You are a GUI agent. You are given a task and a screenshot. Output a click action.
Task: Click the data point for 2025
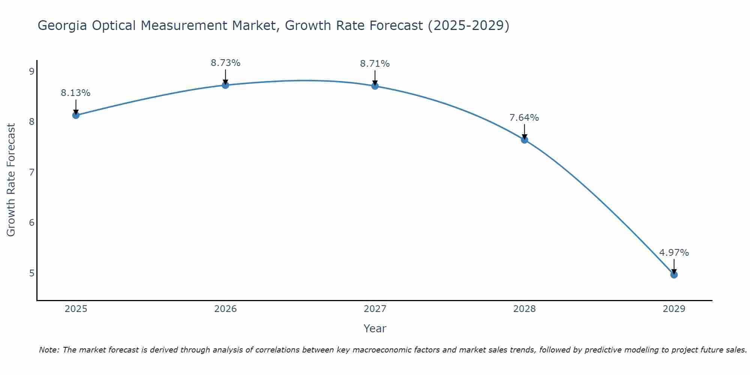click(x=76, y=115)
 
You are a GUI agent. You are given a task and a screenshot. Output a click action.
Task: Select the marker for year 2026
click(x=225, y=85)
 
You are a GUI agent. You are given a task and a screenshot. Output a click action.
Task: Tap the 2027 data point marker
click(x=375, y=86)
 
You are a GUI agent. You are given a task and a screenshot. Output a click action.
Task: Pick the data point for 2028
click(x=524, y=140)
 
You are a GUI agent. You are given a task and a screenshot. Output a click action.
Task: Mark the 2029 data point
click(x=674, y=274)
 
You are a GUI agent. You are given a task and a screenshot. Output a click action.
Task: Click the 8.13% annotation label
click(x=76, y=93)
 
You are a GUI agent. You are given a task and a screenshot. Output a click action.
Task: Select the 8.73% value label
click(x=225, y=63)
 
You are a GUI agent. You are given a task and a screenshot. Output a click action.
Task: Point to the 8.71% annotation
click(x=375, y=64)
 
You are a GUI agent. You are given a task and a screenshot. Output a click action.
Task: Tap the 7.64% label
click(x=524, y=118)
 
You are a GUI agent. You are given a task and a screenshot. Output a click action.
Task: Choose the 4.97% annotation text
click(x=674, y=253)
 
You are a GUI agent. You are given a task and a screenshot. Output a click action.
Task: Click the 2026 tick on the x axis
click(x=225, y=309)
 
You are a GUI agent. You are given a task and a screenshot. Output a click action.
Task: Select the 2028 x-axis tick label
click(x=524, y=309)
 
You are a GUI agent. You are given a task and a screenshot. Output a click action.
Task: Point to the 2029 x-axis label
click(x=674, y=309)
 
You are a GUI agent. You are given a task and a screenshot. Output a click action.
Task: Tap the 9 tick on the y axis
click(x=31, y=71)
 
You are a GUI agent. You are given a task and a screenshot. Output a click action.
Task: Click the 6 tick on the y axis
click(x=31, y=223)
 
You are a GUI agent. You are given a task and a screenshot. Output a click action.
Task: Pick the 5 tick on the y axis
click(x=31, y=273)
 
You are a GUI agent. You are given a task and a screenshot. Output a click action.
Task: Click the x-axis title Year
click(x=375, y=328)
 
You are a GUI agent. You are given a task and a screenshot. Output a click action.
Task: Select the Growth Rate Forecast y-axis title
click(x=11, y=180)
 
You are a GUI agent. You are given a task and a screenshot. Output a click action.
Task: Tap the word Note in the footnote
click(x=49, y=350)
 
